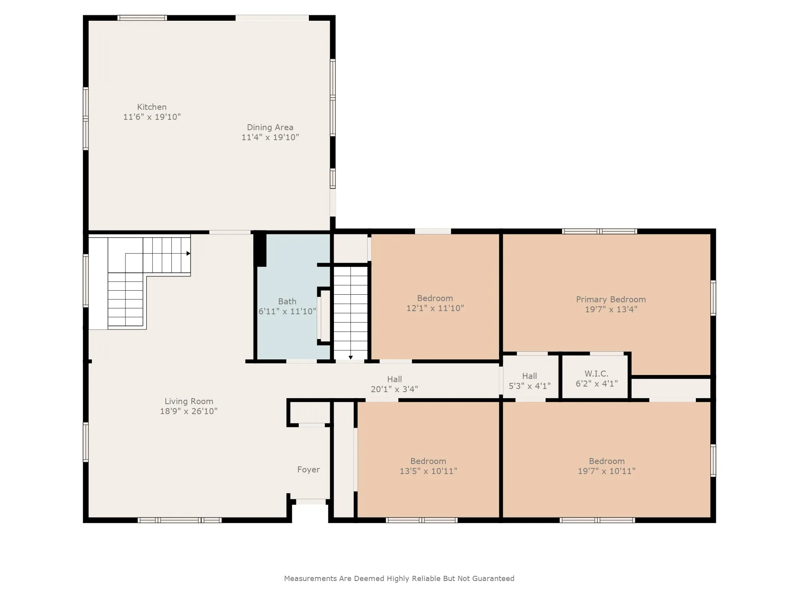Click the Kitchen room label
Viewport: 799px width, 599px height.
point(152,107)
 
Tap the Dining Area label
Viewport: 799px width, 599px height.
point(270,127)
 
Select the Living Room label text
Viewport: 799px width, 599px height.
point(189,401)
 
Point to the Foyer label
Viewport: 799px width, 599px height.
point(308,470)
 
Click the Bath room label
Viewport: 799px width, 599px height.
point(287,301)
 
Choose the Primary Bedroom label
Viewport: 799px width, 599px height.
point(611,299)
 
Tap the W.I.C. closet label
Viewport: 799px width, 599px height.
point(596,374)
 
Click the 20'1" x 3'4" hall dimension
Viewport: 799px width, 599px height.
point(394,389)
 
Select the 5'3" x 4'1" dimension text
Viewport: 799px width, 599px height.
point(530,386)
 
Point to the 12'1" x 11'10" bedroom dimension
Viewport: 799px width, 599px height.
point(435,308)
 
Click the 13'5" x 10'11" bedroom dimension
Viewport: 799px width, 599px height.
point(428,471)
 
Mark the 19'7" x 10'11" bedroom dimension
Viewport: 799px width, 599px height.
point(606,471)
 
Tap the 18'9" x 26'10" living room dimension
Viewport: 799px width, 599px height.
point(189,411)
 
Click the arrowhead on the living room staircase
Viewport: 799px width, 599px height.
point(188,254)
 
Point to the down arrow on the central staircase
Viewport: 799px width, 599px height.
point(350,357)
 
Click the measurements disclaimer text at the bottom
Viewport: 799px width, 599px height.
point(399,578)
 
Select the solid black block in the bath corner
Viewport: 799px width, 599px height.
point(260,249)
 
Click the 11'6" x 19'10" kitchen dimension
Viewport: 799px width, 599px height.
point(152,117)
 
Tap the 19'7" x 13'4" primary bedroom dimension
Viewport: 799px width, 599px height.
point(611,309)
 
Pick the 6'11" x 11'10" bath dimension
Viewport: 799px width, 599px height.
point(287,311)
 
